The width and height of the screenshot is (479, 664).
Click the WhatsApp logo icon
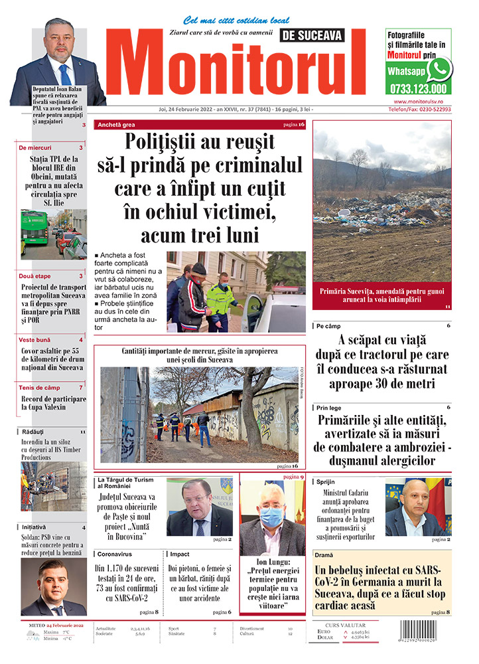439,69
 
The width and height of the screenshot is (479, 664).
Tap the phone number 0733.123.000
418,88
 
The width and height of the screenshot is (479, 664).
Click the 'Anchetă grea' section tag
116,125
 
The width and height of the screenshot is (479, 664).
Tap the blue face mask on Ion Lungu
271,516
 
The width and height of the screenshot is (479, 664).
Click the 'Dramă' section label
324,554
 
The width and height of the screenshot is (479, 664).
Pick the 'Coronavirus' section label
113,554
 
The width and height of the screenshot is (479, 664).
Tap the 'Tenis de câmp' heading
40,387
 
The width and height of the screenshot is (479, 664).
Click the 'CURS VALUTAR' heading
347,625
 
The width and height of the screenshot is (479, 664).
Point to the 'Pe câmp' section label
328,327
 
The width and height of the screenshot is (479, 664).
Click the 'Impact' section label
180,554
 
